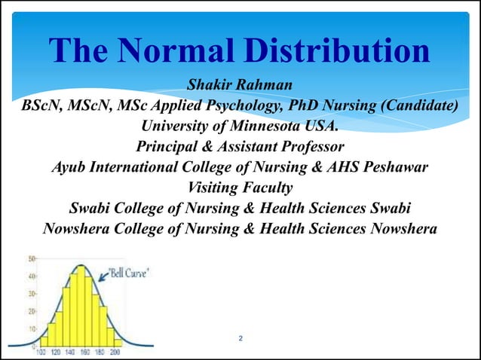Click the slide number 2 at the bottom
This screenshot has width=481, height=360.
tap(240, 338)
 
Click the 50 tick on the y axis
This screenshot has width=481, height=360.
tap(31, 258)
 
